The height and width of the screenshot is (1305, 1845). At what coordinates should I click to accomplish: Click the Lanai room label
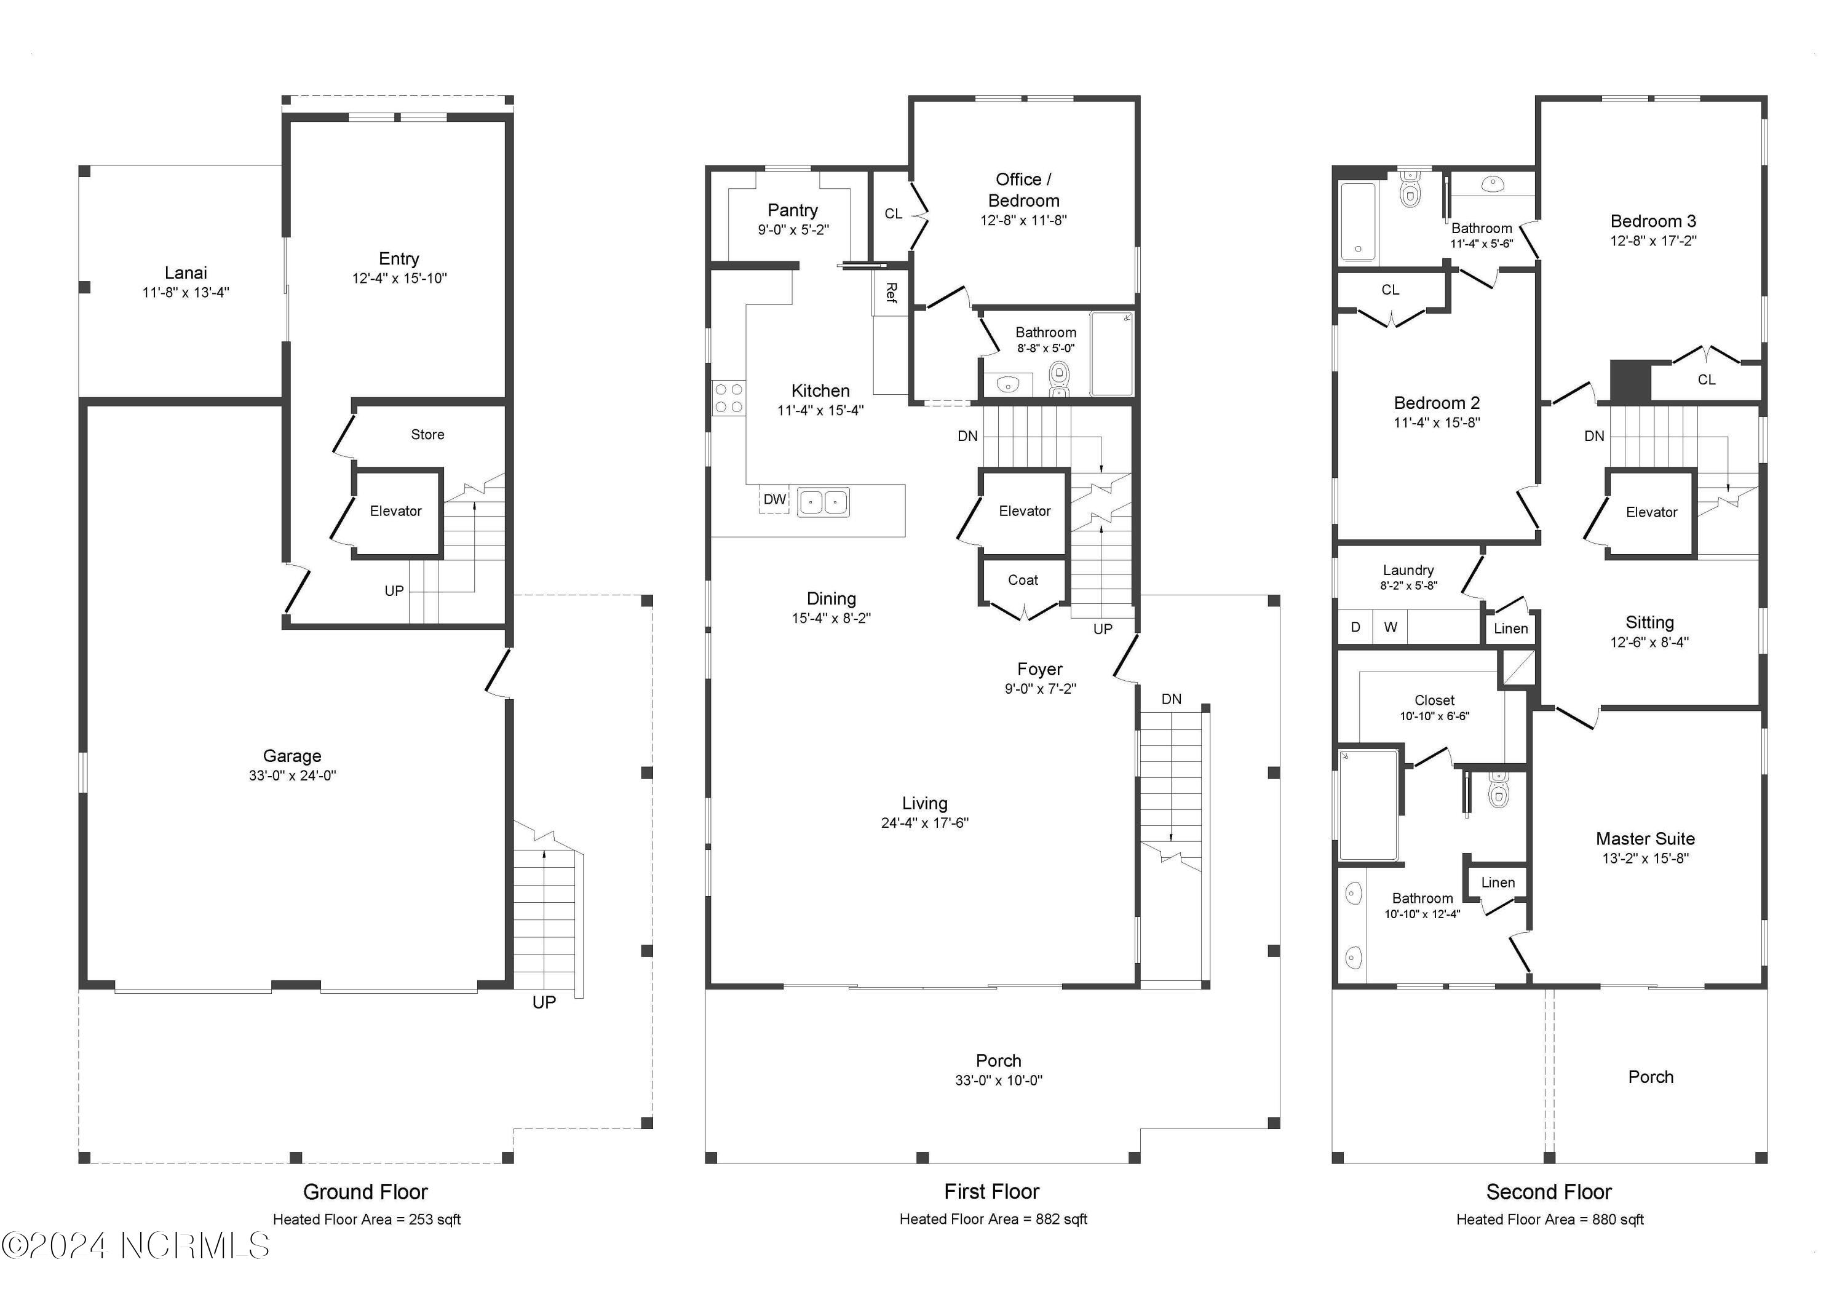coord(186,273)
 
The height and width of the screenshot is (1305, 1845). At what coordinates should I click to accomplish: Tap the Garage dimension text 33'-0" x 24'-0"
coord(293,775)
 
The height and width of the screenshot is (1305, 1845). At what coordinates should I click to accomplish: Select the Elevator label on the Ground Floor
coord(395,511)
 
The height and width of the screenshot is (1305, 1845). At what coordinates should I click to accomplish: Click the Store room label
coord(427,435)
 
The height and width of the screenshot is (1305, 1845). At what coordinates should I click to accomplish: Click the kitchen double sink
coord(823,503)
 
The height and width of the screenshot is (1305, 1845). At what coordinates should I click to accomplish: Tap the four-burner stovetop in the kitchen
coord(729,399)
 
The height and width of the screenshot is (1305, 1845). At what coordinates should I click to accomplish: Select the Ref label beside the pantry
coord(891,293)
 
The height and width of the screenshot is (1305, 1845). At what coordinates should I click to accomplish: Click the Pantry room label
coord(792,210)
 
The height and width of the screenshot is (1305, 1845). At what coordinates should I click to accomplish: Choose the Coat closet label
coord(1023,580)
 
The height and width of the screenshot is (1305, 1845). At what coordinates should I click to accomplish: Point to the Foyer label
coord(1040,669)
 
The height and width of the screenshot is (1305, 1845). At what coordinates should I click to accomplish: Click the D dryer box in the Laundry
coord(1355,627)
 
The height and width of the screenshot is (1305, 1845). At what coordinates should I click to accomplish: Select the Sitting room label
coord(1649,623)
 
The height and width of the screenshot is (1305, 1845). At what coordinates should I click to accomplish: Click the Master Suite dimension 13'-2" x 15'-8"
coord(1646,859)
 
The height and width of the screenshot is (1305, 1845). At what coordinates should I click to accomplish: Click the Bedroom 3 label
coord(1653,221)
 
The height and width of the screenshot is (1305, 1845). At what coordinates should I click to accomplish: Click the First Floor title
coord(991,1192)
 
